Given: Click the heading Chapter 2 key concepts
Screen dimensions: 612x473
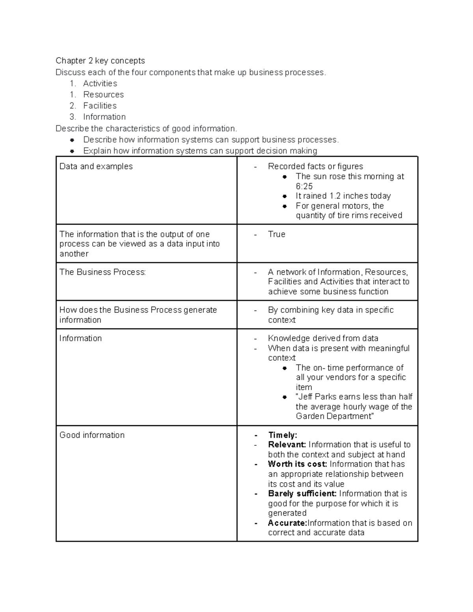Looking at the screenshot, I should tap(100, 61).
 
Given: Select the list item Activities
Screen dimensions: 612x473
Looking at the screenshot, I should tap(100, 84).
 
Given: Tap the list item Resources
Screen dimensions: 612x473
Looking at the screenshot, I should tap(103, 95).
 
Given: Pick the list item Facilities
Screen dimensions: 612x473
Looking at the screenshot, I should tap(100, 106).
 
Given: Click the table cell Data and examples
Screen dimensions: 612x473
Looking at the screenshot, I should tap(96, 166).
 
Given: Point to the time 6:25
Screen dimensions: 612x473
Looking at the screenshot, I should tap(304, 186).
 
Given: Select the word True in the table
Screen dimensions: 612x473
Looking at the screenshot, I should tap(276, 234).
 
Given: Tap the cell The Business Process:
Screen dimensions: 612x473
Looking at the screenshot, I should tap(102, 272).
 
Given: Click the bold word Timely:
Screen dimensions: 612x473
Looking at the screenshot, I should tap(282, 435).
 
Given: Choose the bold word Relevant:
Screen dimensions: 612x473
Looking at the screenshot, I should tap(287, 445).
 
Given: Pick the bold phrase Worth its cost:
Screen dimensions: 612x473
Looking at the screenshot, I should tap(298, 464).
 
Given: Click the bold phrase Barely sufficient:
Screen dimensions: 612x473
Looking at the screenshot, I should tap(302, 494).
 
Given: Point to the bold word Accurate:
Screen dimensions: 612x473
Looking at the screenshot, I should tap(287, 523).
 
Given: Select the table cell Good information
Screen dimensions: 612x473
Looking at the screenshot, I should tap(92, 435).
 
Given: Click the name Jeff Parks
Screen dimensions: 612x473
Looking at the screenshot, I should tap(317, 397).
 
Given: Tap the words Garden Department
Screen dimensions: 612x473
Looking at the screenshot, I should tap(333, 417).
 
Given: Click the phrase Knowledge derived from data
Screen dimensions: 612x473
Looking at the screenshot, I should tap(323, 338).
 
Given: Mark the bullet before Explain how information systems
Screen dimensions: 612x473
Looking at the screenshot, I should tap(72, 151).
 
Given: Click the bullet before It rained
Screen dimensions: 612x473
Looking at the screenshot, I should tap(285, 196).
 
